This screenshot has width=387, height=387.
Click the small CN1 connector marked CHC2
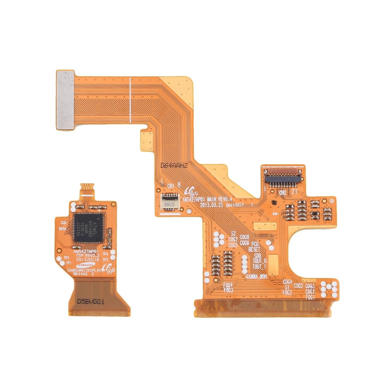click(169, 202)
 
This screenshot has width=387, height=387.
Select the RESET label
click(254, 249)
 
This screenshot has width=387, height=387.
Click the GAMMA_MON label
click(256, 277)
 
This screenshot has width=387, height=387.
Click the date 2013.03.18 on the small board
click(86, 259)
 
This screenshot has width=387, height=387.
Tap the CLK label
click(64, 223)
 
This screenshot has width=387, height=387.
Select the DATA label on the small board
click(63, 228)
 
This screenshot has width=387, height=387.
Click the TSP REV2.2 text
click(85, 255)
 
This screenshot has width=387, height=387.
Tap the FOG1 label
click(310, 297)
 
